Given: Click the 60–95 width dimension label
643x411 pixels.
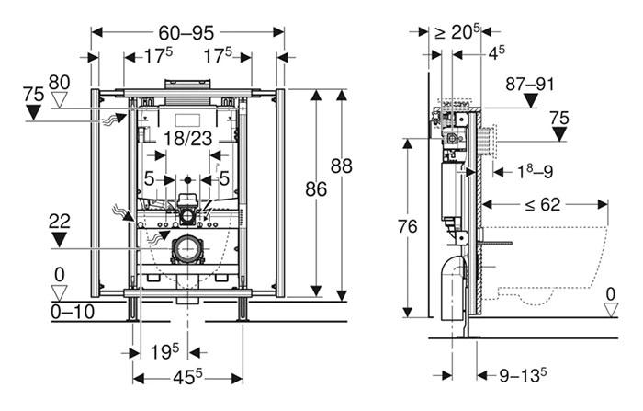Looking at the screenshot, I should (x=187, y=32).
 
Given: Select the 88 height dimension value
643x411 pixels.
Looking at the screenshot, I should (x=342, y=166).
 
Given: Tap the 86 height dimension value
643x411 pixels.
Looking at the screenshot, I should (x=316, y=189).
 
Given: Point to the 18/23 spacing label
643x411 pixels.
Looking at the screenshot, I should (x=187, y=139).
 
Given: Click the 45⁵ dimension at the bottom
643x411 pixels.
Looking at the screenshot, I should (x=186, y=376).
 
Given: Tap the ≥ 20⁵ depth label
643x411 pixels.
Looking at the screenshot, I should (x=457, y=32).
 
